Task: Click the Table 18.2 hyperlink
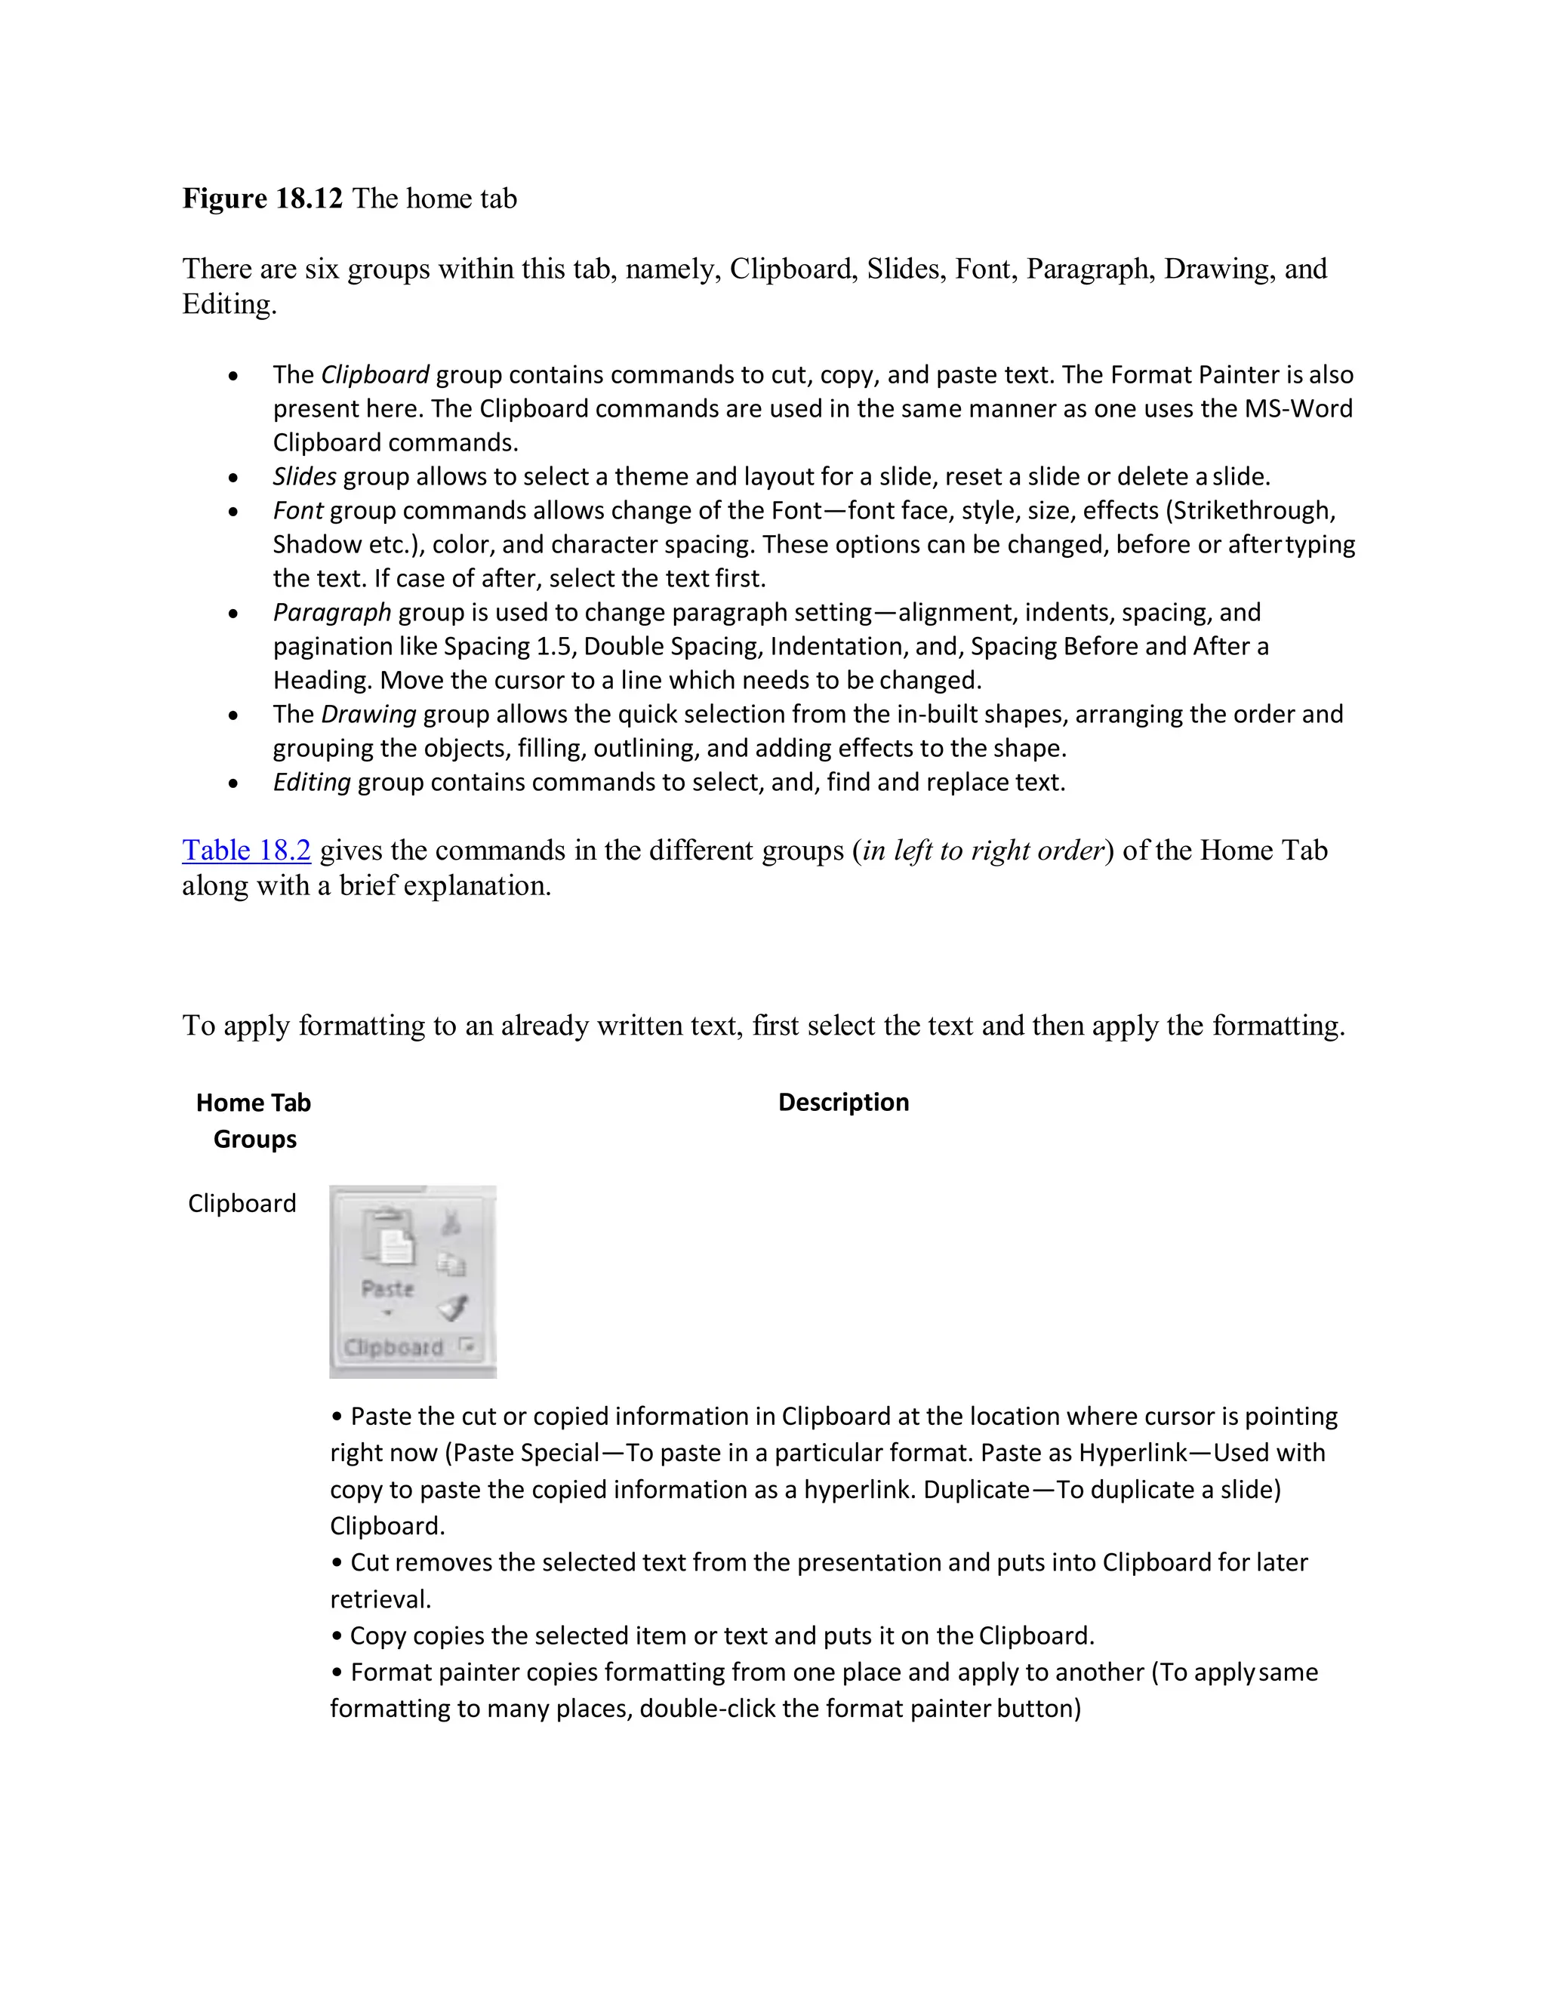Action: coord(246,851)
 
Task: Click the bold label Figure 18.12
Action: coord(262,198)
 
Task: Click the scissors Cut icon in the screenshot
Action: coord(451,1222)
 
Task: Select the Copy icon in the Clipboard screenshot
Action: coord(451,1265)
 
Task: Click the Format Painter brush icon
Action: coord(452,1306)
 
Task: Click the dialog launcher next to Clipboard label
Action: coord(467,1345)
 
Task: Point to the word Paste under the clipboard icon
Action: coord(387,1288)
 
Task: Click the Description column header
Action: coord(842,1103)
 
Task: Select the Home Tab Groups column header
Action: coord(254,1121)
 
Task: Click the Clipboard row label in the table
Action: coord(242,1203)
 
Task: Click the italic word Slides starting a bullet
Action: coord(304,477)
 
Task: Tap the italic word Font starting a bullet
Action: coord(297,511)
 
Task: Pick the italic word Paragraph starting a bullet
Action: coord(331,613)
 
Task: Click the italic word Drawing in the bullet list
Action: coord(368,714)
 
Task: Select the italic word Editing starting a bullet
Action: coord(312,783)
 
